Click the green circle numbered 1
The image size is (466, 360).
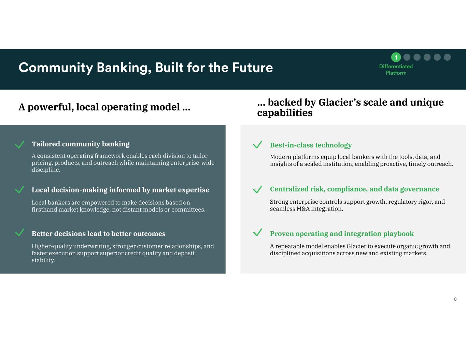(396, 57)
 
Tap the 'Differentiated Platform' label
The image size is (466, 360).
(396, 70)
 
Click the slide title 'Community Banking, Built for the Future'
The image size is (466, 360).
(146, 68)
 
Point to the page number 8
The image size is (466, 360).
(455, 299)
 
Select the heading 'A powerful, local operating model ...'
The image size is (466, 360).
(104, 107)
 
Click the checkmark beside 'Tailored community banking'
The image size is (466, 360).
(19, 144)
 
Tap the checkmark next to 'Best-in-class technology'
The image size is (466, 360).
(257, 144)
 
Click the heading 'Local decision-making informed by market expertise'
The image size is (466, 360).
(120, 190)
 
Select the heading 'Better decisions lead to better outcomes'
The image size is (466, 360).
(99, 233)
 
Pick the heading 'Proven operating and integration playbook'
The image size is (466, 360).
(342, 234)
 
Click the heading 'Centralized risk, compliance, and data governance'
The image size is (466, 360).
(354, 189)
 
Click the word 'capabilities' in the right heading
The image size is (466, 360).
(285, 113)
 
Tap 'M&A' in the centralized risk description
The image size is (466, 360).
(303, 209)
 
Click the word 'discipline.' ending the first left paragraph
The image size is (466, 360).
(46, 170)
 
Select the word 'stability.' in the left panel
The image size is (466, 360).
(44, 260)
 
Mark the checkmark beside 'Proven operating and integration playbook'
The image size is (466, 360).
(257, 232)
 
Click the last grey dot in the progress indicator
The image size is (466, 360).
(447, 57)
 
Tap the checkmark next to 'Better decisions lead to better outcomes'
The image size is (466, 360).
(19, 232)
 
